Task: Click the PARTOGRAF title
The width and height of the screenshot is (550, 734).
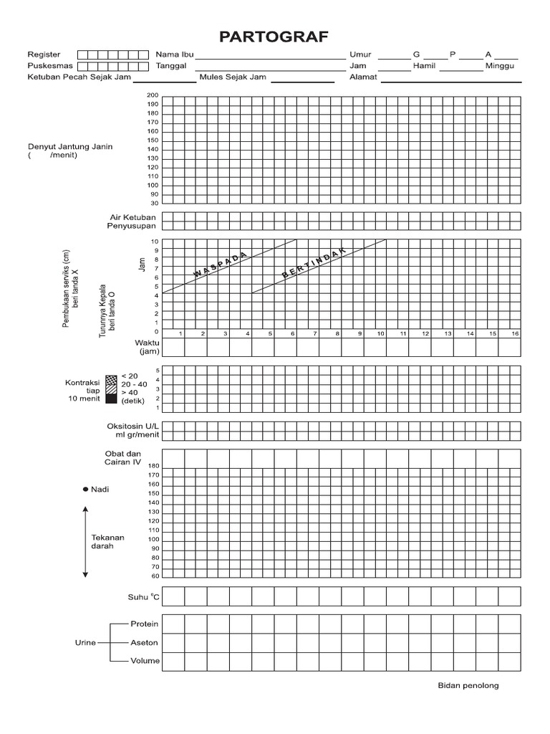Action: pos(274,37)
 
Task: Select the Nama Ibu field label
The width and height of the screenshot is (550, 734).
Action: pos(175,54)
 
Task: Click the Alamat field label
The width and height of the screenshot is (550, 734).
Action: pos(363,77)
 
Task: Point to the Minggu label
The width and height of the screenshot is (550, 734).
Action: pos(500,66)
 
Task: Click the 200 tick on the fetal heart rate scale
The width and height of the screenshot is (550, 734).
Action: pos(153,95)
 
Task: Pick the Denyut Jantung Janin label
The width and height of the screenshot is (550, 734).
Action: pos(70,146)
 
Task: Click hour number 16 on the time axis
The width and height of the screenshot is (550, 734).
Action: pos(514,333)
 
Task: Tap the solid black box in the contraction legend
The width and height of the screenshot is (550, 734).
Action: pos(110,400)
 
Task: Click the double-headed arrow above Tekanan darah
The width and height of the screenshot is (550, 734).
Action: pos(85,541)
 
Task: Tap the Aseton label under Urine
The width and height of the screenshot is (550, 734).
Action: pos(145,642)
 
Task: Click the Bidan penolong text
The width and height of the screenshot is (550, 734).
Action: pos(468,685)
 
